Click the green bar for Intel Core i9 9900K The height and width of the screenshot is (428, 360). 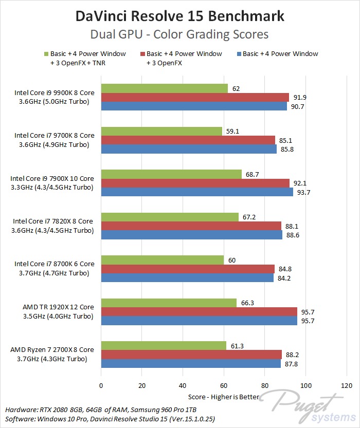pyautogui.click(x=165, y=88)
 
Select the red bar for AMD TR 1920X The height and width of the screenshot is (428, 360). pyautogui.click(x=199, y=311)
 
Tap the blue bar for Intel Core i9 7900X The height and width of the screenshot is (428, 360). pyautogui.click(x=197, y=192)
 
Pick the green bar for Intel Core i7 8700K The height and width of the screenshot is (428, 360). pyautogui.click(x=163, y=260)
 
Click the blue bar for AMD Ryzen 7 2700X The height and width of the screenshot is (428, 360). pyautogui.click(x=191, y=363)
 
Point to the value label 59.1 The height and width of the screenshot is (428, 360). pyautogui.click(x=233, y=131)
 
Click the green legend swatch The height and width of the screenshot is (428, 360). pyautogui.click(x=46, y=54)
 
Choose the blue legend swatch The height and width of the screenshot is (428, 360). pyautogui.click(x=238, y=54)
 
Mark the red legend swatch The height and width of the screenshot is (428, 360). pyautogui.click(x=142, y=54)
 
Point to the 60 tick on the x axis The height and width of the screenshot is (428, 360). pyautogui.click(x=224, y=385)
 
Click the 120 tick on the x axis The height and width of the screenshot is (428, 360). pyautogui.click(x=346, y=385)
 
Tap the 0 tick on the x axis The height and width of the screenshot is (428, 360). pyautogui.click(x=101, y=385)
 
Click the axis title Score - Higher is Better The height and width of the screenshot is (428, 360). pyautogui.click(x=224, y=397)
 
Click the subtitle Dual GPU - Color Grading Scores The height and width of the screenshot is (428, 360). pyautogui.click(x=180, y=34)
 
